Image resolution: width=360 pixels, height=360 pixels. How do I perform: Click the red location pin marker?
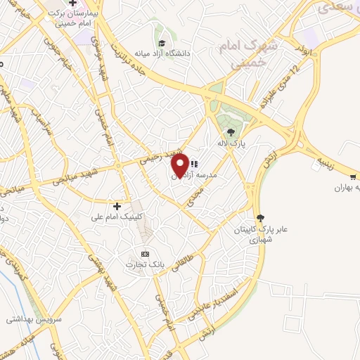[x=180, y=166]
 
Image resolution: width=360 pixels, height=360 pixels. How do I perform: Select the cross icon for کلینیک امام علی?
[x=117, y=206]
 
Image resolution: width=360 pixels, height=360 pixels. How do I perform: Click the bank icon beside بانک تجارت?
[x=146, y=253]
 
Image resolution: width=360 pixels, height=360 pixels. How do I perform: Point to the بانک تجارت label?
[x=140, y=264]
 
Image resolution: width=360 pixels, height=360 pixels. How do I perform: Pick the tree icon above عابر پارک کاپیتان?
[x=261, y=218]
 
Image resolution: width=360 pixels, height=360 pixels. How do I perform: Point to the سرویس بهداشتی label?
[x=27, y=319]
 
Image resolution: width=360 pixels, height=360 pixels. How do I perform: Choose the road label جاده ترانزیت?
[x=138, y=43]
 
